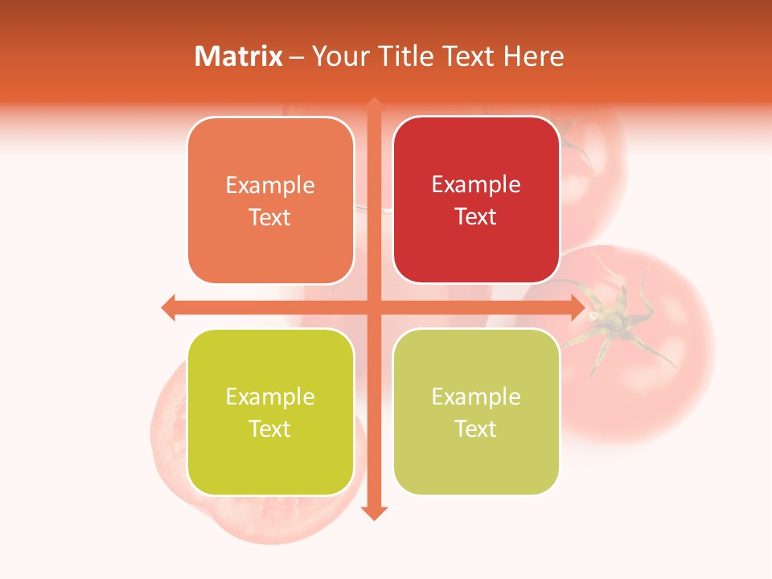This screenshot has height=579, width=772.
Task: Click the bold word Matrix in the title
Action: pyautogui.click(x=239, y=56)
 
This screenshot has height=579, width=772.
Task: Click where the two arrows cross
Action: pyautogui.click(x=374, y=307)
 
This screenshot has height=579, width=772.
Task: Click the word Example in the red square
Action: pyautogui.click(x=476, y=185)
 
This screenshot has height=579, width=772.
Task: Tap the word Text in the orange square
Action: pyautogui.click(x=269, y=218)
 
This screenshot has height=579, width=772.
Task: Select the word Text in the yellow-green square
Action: pyautogui.click(x=269, y=429)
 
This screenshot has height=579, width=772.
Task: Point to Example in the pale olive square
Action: pyautogui.click(x=476, y=396)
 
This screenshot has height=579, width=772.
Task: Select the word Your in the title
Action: pyautogui.click(x=338, y=56)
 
